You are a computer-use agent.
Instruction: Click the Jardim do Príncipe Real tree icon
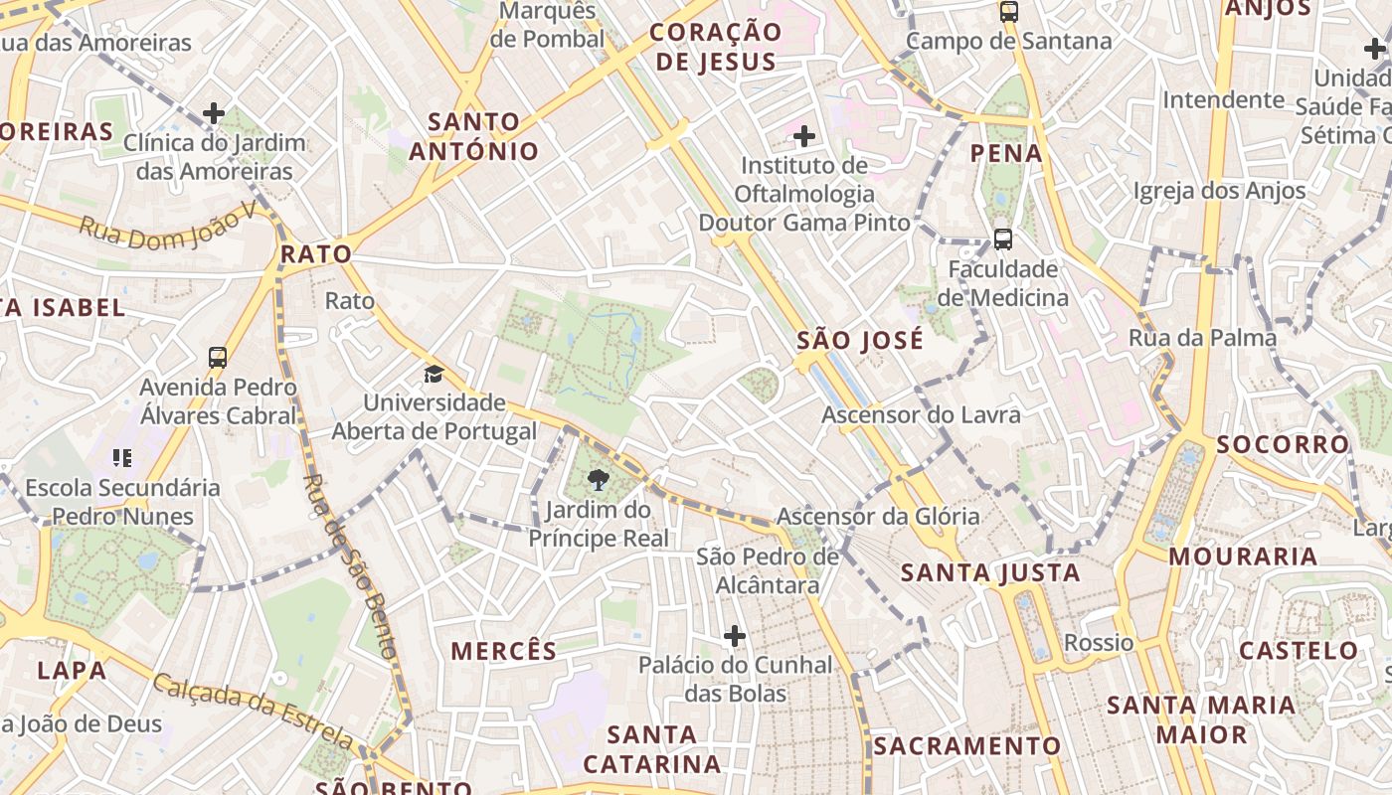[x=598, y=481]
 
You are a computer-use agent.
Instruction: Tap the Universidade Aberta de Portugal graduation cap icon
[x=434, y=375]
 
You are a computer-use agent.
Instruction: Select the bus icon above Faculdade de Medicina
[x=1002, y=239]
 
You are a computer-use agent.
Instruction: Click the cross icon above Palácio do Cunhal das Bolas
[x=735, y=636]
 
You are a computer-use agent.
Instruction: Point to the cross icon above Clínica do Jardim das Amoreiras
[x=214, y=113]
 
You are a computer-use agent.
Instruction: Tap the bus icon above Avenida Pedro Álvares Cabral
[x=218, y=358]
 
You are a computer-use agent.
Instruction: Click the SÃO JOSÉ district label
[x=860, y=341]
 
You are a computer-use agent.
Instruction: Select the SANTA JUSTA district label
[x=989, y=572]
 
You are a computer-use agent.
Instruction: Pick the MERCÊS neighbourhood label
[x=504, y=651]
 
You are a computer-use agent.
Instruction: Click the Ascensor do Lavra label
[x=921, y=414]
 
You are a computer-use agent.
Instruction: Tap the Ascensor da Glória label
[x=878, y=517]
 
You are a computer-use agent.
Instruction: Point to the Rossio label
[x=1099, y=642]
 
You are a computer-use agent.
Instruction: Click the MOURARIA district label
[x=1243, y=556]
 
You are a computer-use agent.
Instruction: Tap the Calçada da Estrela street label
[x=253, y=708]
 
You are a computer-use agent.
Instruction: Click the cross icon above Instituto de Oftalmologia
[x=804, y=135]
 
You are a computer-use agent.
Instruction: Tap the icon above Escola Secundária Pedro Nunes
[x=122, y=458]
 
